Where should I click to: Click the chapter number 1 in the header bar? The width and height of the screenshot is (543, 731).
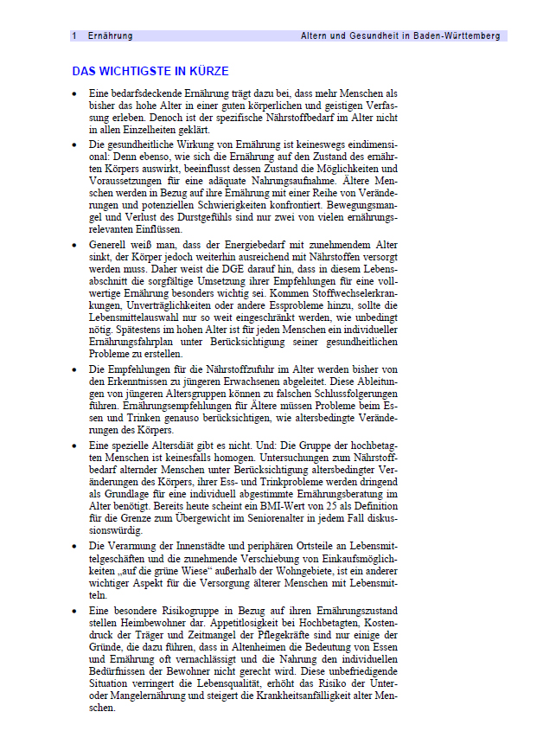(75, 36)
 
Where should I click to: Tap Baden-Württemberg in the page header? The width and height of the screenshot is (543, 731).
(457, 36)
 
